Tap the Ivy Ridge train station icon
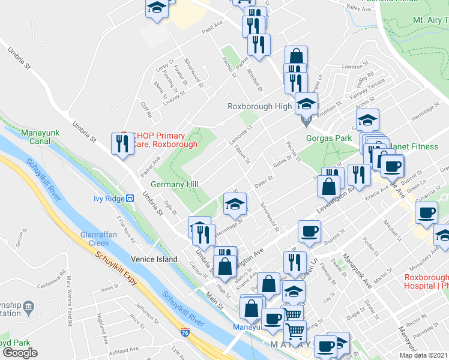point(129,198)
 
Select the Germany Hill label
point(174,184)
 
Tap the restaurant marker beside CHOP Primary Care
point(121,143)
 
